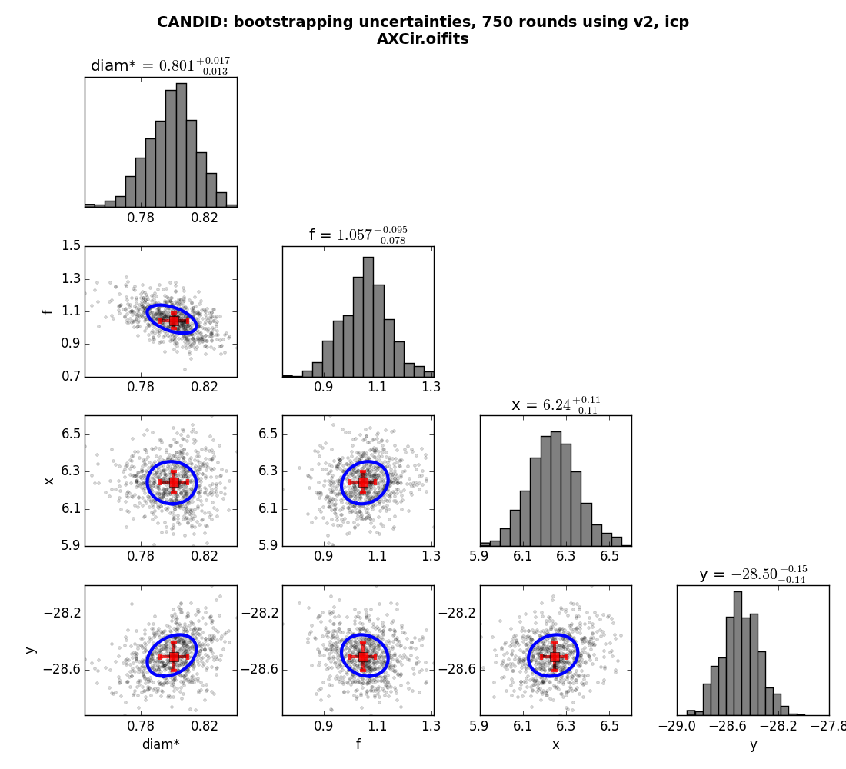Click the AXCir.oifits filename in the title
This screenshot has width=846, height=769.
point(422,39)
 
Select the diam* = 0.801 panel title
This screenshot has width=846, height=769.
point(160,66)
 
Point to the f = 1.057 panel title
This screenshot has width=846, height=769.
point(358,235)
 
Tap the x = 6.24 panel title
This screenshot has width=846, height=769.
point(555,404)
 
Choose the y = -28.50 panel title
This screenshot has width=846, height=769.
point(753,574)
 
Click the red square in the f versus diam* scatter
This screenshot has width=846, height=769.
point(173,321)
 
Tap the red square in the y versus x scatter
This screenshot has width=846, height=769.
point(555,656)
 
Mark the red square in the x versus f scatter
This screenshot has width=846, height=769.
point(362,482)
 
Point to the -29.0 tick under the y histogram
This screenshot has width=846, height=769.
point(681,726)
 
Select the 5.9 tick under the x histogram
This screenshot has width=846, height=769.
point(480,556)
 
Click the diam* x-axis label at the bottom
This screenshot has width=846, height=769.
point(161,744)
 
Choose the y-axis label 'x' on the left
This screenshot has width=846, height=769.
point(49,481)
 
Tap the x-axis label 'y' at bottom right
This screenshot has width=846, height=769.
point(753,745)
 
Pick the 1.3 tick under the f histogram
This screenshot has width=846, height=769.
point(431,387)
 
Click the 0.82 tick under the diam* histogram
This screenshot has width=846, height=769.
point(205,218)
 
